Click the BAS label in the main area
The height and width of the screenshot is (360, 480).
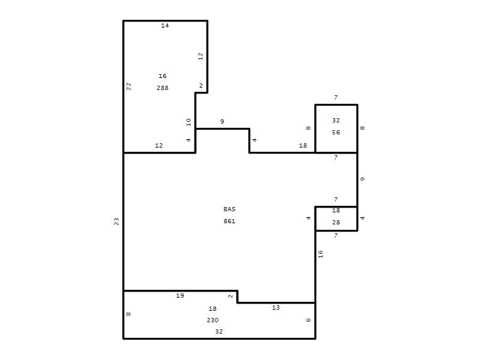229,209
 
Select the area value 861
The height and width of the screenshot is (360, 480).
229,221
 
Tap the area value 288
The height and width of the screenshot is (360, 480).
162,88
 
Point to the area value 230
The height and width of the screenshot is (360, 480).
212,320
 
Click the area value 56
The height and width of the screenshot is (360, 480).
336,132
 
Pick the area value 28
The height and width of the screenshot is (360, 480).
336,222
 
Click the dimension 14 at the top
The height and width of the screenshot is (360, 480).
164,25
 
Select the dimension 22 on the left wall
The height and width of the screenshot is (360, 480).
129,86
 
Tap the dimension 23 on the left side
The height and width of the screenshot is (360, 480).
116,221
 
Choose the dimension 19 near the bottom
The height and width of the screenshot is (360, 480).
179,295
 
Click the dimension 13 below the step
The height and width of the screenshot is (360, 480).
275,307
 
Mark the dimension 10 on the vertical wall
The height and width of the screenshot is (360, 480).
188,122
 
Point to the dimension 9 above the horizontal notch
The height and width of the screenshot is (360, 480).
222,122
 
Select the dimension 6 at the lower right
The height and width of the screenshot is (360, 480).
308,320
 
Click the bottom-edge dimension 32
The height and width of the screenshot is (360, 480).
218,331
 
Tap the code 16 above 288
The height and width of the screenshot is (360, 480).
162,76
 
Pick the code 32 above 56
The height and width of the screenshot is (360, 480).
336,121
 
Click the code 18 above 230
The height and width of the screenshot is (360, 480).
212,308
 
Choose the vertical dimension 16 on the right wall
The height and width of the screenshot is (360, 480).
320,254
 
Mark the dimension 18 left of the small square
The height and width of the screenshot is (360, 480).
303,145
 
